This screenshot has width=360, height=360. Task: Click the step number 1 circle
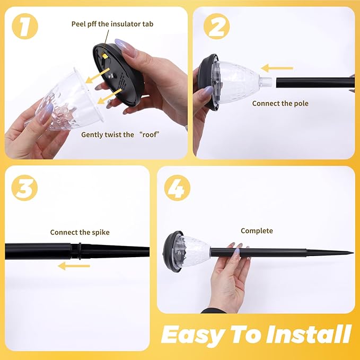click(x=25, y=26)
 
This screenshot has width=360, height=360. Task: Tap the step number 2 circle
click(x=216, y=26)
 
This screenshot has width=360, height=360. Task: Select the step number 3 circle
click(x=24, y=188)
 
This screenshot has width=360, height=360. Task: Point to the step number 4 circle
click(x=177, y=188)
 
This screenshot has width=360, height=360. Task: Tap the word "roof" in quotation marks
click(x=150, y=135)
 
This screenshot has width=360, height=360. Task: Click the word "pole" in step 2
click(x=301, y=103)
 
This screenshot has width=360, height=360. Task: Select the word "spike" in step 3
click(x=101, y=232)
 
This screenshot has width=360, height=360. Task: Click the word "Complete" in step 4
click(x=257, y=231)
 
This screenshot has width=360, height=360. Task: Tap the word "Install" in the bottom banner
click(x=309, y=333)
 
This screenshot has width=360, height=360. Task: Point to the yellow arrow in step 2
click(x=277, y=68)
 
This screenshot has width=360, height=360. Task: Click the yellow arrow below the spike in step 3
click(x=74, y=266)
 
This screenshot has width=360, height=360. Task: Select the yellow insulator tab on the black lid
click(x=105, y=56)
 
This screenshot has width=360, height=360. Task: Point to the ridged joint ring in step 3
click(x=80, y=251)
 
